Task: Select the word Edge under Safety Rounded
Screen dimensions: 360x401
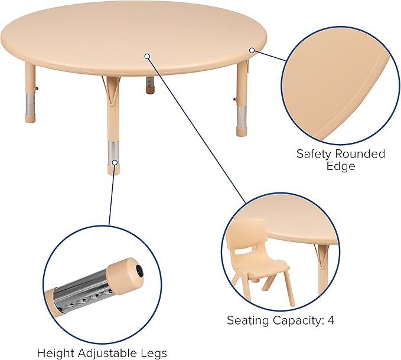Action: (x=341, y=166)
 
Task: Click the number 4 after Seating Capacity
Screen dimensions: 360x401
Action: (x=331, y=320)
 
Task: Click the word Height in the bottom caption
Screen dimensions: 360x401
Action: (x=54, y=353)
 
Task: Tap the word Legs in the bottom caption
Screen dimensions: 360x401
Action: (x=154, y=353)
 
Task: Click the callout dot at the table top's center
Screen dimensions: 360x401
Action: (x=148, y=57)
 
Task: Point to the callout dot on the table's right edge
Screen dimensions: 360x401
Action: (x=252, y=51)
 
